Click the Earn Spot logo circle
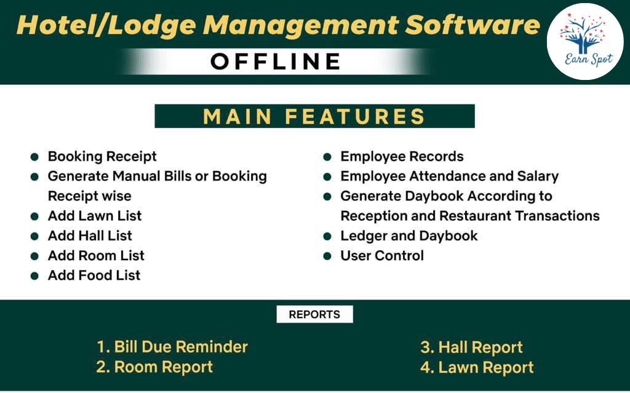[585, 41]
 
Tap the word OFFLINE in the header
[276, 62]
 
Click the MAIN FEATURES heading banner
[314, 116]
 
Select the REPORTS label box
[314, 314]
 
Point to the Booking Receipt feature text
[102, 156]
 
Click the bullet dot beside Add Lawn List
[34, 216]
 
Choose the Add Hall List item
[90, 236]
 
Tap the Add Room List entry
[96, 256]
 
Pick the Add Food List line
[94, 276]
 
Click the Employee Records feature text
[402, 156]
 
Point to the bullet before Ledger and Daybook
[327, 236]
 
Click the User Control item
[382, 256]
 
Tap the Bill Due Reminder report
[172, 347]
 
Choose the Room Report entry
[154, 367]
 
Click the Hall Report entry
[471, 347]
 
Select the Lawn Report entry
[477, 367]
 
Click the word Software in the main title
[472, 25]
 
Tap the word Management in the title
[300, 26]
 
